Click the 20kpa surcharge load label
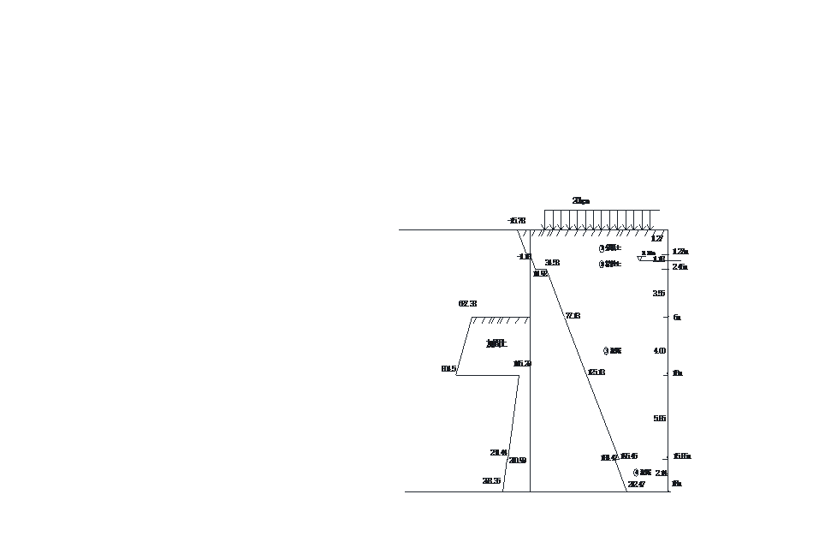tap(580, 201)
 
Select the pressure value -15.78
tap(516, 221)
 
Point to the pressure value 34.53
tap(552, 263)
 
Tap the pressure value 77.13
tap(573, 316)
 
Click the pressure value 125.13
tap(596, 372)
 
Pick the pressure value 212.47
tap(636, 485)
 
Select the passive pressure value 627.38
tap(467, 304)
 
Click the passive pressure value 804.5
tap(448, 369)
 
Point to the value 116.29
tap(522, 364)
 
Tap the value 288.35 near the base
tap(491, 481)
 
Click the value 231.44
tap(498, 453)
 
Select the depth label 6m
tap(676, 318)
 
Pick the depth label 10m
tap(677, 373)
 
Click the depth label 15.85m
tap(681, 456)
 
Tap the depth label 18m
tap(676, 484)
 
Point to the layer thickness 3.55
tap(658, 294)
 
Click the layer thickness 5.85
tap(659, 419)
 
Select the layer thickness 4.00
tap(659, 351)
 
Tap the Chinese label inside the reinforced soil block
tap(496, 343)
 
